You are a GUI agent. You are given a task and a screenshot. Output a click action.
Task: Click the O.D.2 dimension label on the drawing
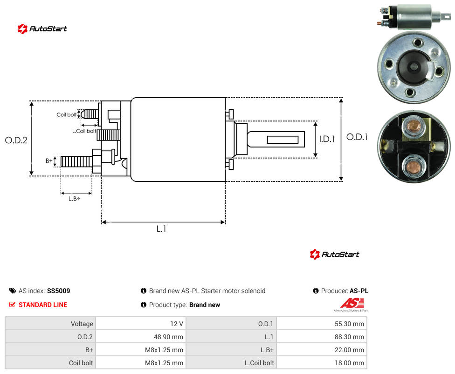coord(16,140)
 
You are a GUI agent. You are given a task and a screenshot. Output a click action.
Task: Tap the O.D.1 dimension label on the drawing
coord(357,137)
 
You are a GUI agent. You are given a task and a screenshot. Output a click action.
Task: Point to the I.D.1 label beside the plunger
coord(327,139)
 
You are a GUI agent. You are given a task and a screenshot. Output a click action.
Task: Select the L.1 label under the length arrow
coord(161,229)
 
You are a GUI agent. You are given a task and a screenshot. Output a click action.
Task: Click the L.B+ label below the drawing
coord(75,199)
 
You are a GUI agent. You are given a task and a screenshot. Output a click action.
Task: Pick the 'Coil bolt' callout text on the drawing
coord(67,114)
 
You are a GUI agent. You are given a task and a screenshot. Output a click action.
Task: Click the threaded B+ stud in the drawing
coord(76,161)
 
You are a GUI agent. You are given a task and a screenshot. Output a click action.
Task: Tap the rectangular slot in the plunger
coord(283,140)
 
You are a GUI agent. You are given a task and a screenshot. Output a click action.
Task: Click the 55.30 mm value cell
coord(322,324)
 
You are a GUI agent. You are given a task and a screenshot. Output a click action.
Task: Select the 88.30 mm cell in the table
coord(322,337)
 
